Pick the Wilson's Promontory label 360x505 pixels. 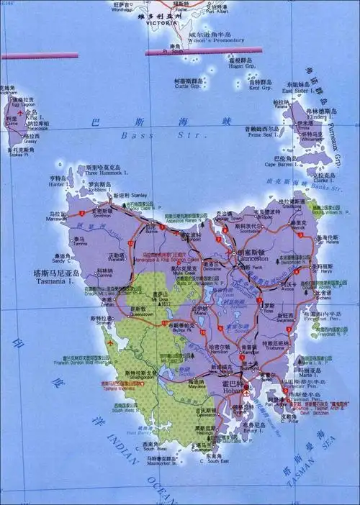tap(218, 40)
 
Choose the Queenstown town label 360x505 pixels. tap(141, 314)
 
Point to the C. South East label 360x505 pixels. tap(213, 461)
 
